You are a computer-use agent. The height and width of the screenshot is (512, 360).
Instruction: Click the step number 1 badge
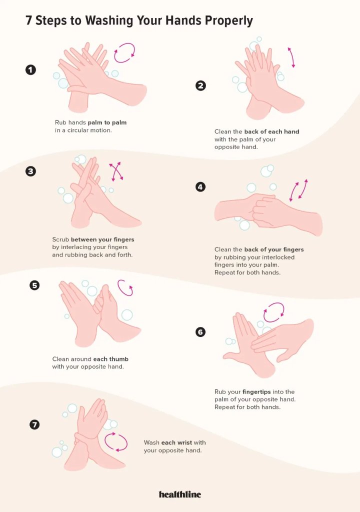30,70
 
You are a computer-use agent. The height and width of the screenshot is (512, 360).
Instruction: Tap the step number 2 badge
200,85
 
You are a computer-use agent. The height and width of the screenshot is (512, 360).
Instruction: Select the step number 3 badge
30,171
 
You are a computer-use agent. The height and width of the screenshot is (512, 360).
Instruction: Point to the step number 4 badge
200,187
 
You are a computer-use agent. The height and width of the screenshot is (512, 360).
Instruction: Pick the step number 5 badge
34,285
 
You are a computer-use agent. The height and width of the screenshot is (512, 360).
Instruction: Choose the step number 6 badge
200,332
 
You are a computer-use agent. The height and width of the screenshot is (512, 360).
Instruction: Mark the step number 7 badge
34,424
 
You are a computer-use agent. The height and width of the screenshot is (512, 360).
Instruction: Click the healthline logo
180,494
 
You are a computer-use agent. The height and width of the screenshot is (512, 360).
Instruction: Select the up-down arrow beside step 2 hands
290,57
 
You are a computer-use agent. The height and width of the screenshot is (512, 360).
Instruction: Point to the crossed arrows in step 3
116,171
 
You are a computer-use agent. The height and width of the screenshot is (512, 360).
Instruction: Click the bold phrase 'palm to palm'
107,123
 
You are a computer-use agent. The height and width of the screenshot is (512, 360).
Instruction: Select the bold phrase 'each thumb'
110,359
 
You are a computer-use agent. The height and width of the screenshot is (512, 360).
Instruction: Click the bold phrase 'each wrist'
176,442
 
